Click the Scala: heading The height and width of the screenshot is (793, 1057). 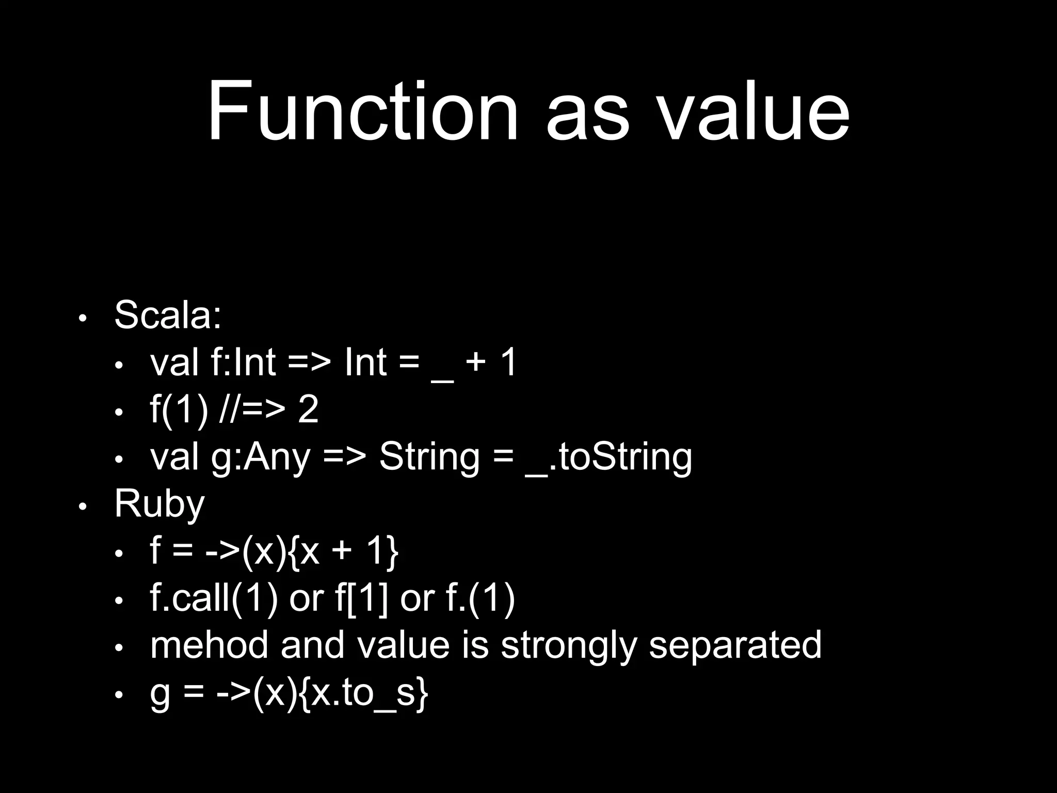168,314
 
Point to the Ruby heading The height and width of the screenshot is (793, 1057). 159,504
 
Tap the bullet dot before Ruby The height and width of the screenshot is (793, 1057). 83,507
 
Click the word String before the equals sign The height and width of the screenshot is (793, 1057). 429,457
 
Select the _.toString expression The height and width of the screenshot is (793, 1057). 608,457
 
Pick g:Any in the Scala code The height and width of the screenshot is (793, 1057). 261,457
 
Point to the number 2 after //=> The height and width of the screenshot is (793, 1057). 308,410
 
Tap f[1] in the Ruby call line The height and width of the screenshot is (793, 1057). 361,599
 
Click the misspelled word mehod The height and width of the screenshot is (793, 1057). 209,645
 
